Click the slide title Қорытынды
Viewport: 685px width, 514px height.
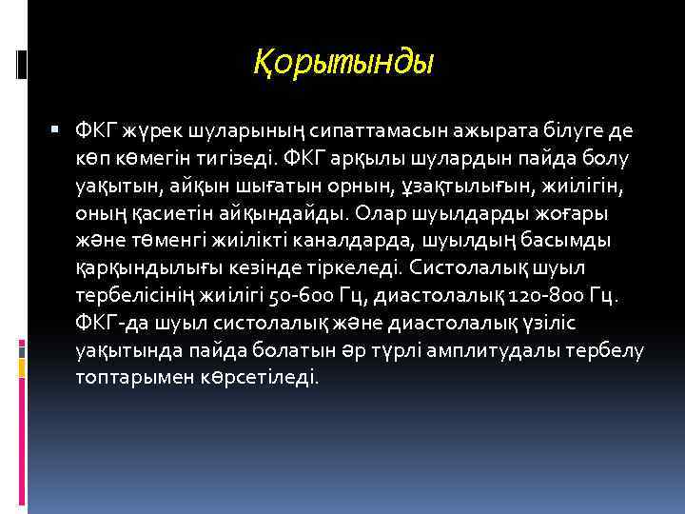[343, 64]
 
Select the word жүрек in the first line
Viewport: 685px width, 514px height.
[144, 130]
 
